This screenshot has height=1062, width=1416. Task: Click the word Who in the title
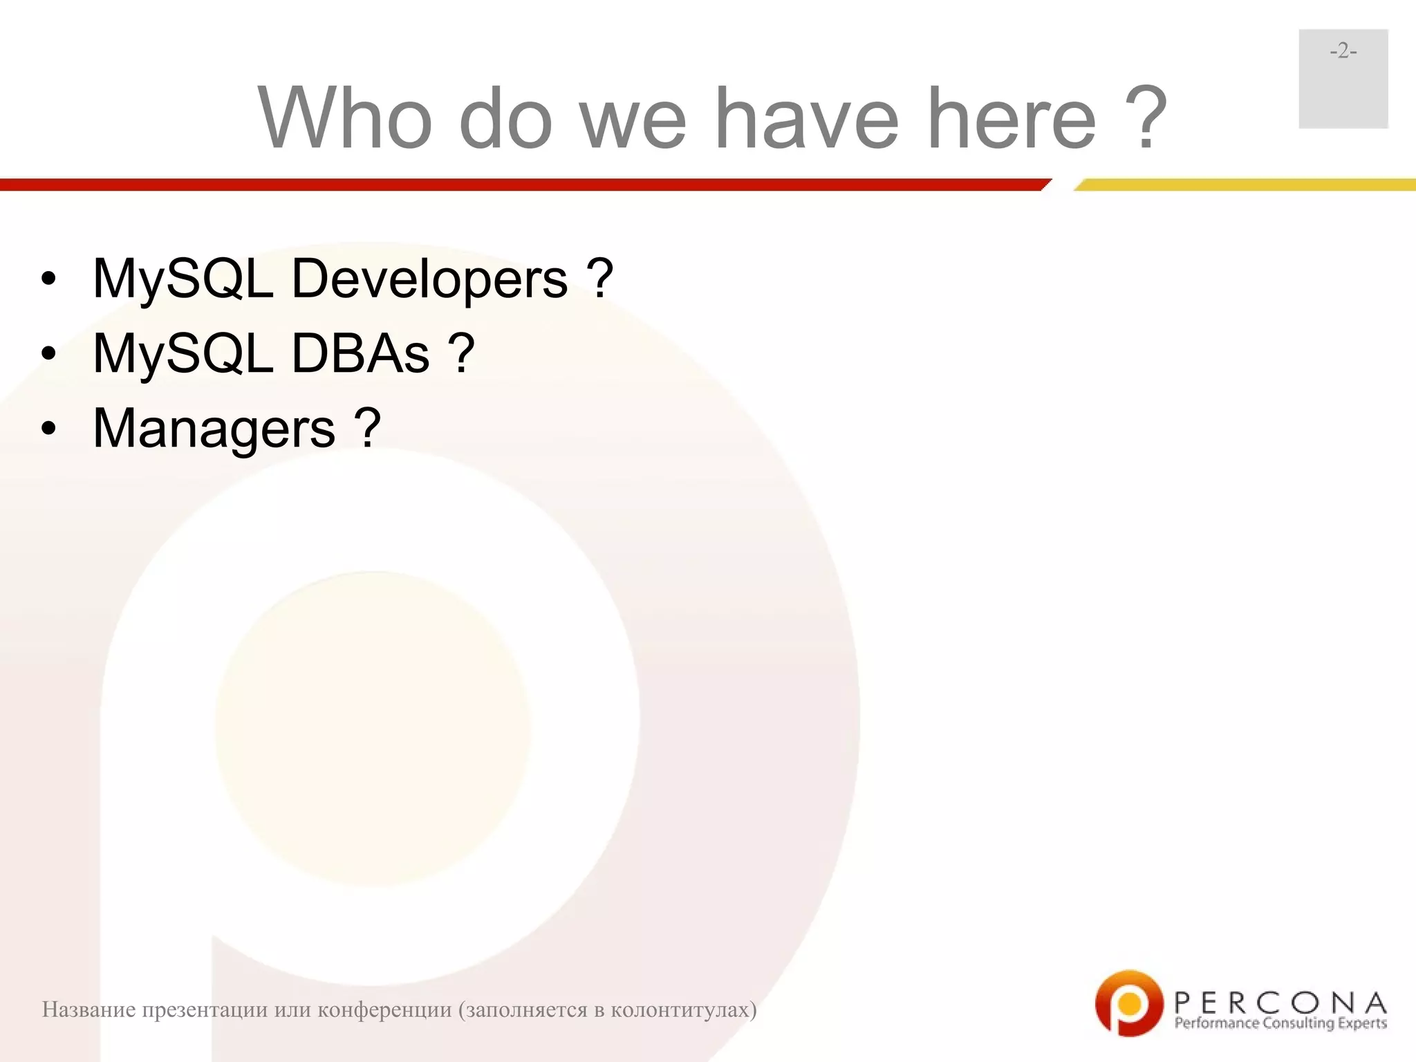346,118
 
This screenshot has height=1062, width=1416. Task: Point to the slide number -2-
1343,51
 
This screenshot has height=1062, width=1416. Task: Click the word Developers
429,279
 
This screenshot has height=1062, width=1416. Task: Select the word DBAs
360,353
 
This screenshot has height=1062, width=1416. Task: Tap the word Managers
214,429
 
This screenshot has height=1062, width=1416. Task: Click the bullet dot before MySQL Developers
48,279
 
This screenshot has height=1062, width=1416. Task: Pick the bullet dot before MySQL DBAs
48,354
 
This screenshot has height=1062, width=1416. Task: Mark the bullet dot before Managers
48,429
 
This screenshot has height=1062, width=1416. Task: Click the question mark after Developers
599,279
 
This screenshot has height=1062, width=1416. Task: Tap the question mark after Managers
367,429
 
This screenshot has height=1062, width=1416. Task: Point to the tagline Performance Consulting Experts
1280,1023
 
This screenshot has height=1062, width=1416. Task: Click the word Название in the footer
88,1010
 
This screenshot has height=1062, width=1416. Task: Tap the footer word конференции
384,1010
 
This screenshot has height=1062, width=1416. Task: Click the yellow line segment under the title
1245,185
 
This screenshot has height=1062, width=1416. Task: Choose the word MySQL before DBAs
183,353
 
